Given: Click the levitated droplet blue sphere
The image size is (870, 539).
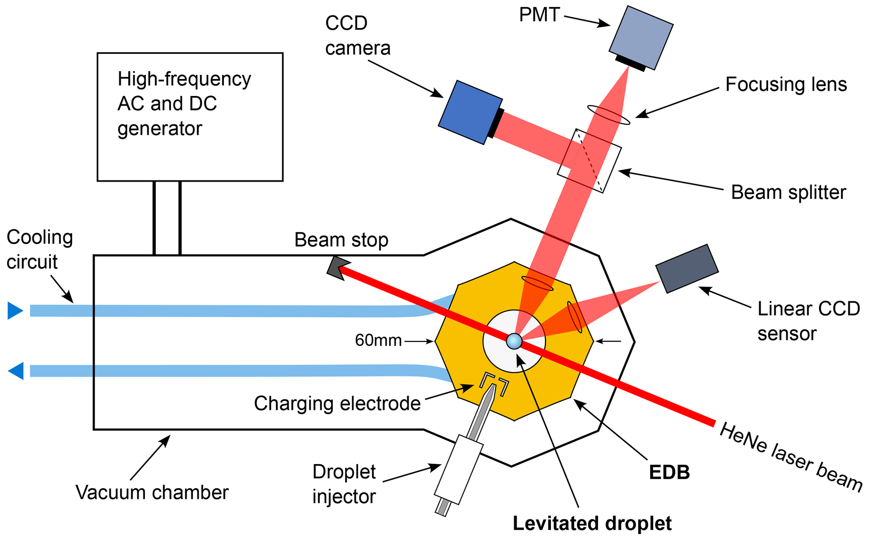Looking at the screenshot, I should point(514,341).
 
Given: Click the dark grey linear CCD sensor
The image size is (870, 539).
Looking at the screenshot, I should point(687,268).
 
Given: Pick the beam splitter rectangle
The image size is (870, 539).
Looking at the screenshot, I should point(589,161).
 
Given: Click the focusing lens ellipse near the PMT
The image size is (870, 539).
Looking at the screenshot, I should point(609,114).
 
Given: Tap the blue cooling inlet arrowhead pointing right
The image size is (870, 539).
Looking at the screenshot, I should point(15,311).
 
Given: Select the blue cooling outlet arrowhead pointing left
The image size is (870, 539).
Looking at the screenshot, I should point(16,371).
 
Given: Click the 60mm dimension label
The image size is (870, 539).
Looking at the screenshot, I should point(378,340).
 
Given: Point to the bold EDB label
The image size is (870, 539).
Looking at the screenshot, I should point(669,473).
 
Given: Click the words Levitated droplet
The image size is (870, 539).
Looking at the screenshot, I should point(592,523).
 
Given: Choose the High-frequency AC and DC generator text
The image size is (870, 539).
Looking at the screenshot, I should point(184,104).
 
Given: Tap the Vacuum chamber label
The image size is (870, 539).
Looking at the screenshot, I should point(152,492).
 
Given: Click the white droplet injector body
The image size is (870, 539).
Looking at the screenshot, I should point(458,469).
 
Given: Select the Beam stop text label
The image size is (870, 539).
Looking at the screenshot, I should point(341,240).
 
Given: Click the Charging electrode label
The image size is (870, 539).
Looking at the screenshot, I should point(337,403).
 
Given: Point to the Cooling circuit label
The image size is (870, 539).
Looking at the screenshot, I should point(40,250).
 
